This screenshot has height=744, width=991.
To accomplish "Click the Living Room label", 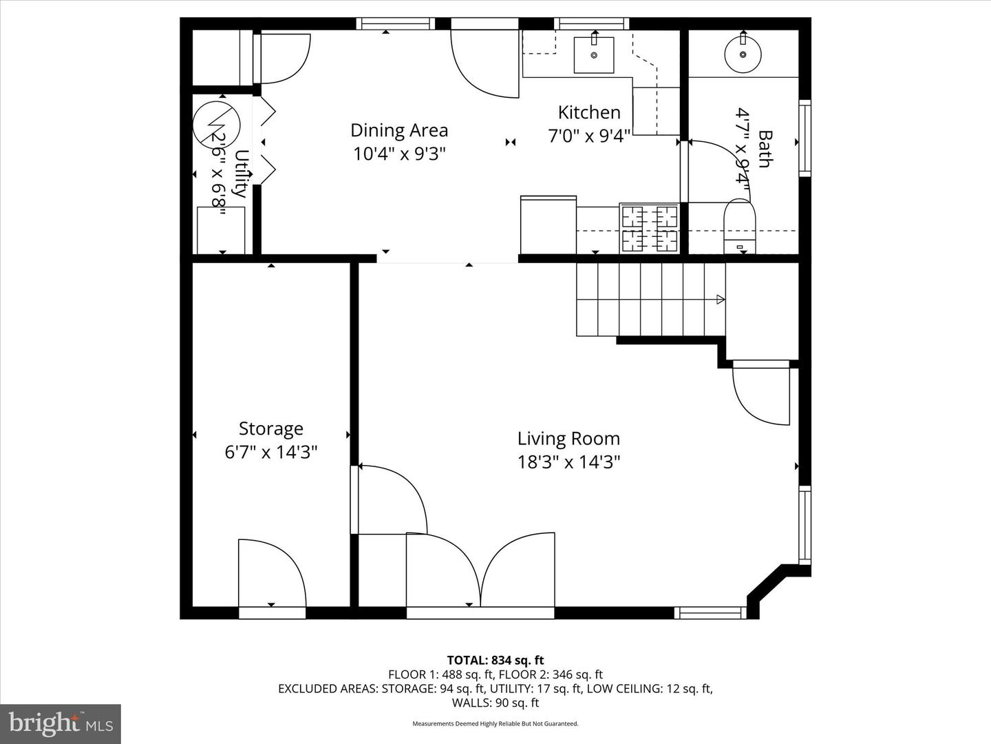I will pyautogui.click(x=568, y=439).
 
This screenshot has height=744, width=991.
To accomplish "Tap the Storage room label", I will pyautogui.click(x=270, y=428).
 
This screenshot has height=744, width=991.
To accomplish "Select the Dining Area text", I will pyautogui.click(x=399, y=130).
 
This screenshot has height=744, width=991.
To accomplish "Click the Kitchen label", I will pyautogui.click(x=589, y=112).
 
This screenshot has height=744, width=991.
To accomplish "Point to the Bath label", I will pyautogui.click(x=765, y=149).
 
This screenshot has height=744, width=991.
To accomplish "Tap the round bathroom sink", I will pyautogui.click(x=743, y=53).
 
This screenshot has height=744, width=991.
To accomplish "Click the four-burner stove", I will pyautogui.click(x=650, y=228).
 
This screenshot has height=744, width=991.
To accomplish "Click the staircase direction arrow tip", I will pyautogui.click(x=721, y=299).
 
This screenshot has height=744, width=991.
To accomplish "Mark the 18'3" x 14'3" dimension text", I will pyautogui.click(x=568, y=462).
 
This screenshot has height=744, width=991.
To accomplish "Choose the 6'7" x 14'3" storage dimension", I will pyautogui.click(x=270, y=452).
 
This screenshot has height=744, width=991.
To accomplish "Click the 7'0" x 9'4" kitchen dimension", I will pyautogui.click(x=589, y=136).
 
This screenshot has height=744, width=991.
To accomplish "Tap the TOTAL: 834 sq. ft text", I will pyautogui.click(x=495, y=660).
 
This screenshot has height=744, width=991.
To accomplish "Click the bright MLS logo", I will pyautogui.click(x=61, y=723).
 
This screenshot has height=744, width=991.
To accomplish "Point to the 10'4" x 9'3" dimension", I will pyautogui.click(x=399, y=153).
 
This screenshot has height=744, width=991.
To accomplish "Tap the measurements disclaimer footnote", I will pyautogui.click(x=495, y=724).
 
